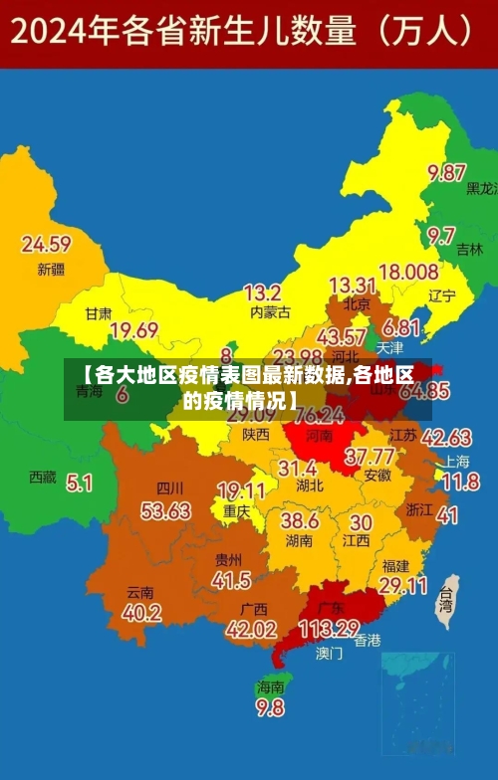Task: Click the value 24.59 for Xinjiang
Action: tap(46, 244)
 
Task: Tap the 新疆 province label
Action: tap(51, 269)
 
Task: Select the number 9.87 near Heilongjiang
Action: tap(447, 173)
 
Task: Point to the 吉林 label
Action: tap(469, 251)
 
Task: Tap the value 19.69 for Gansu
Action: tap(133, 330)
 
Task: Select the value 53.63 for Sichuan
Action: tap(165, 511)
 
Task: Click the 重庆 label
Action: tap(236, 511)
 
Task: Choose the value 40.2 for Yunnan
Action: tap(140, 613)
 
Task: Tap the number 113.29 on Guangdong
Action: tap(329, 628)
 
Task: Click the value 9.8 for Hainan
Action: tap(270, 708)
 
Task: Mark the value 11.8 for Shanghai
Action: tap(460, 483)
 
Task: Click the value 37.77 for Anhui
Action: tap(369, 457)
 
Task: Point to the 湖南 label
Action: tap(299, 541)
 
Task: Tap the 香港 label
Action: tap(368, 641)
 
